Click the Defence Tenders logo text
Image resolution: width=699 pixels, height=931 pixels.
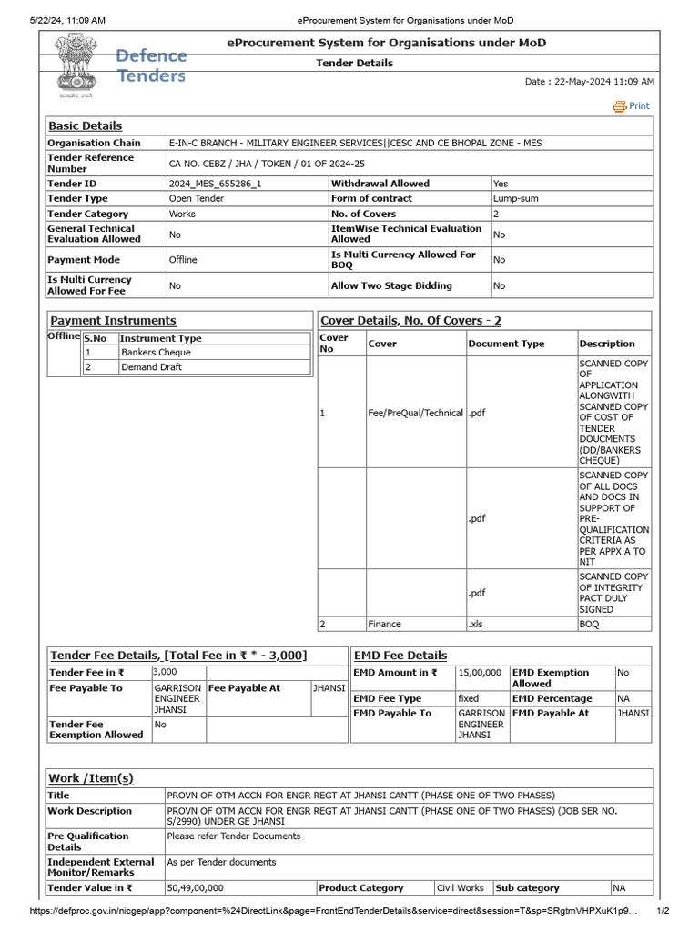[x=151, y=65]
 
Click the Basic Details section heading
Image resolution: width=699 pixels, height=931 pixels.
[x=85, y=126]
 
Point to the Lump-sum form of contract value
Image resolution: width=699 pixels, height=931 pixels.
[x=517, y=198]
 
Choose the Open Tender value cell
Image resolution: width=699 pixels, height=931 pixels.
[x=196, y=198]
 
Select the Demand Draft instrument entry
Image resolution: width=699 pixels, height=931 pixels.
[x=151, y=367]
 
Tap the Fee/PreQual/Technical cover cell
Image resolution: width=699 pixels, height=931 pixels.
[x=416, y=413]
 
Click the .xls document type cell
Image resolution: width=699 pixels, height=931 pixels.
[x=477, y=625]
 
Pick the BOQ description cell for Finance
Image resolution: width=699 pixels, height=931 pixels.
[x=590, y=625]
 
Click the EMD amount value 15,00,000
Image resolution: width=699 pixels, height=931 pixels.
[x=478, y=673]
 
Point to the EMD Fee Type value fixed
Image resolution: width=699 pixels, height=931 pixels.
[x=468, y=698]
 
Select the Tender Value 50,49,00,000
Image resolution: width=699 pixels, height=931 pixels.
[x=196, y=888]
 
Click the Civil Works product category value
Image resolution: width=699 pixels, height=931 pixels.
[x=460, y=888]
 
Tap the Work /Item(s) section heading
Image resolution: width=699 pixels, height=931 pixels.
[x=90, y=778]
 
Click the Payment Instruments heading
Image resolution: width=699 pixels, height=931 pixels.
[x=113, y=321]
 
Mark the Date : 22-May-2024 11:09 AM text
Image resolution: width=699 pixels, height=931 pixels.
[x=589, y=82]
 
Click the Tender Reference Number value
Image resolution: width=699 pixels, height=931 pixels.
[x=267, y=164]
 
